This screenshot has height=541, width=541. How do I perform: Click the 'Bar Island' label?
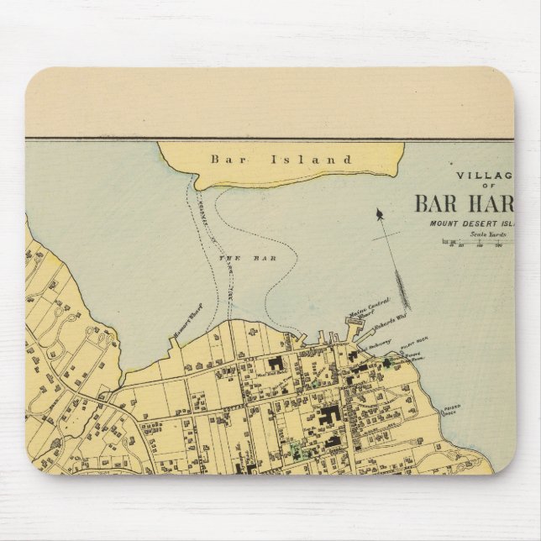pos(281,158)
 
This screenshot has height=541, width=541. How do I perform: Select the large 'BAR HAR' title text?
pos(463,203)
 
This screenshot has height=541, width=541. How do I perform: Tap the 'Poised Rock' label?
pos(454,405)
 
